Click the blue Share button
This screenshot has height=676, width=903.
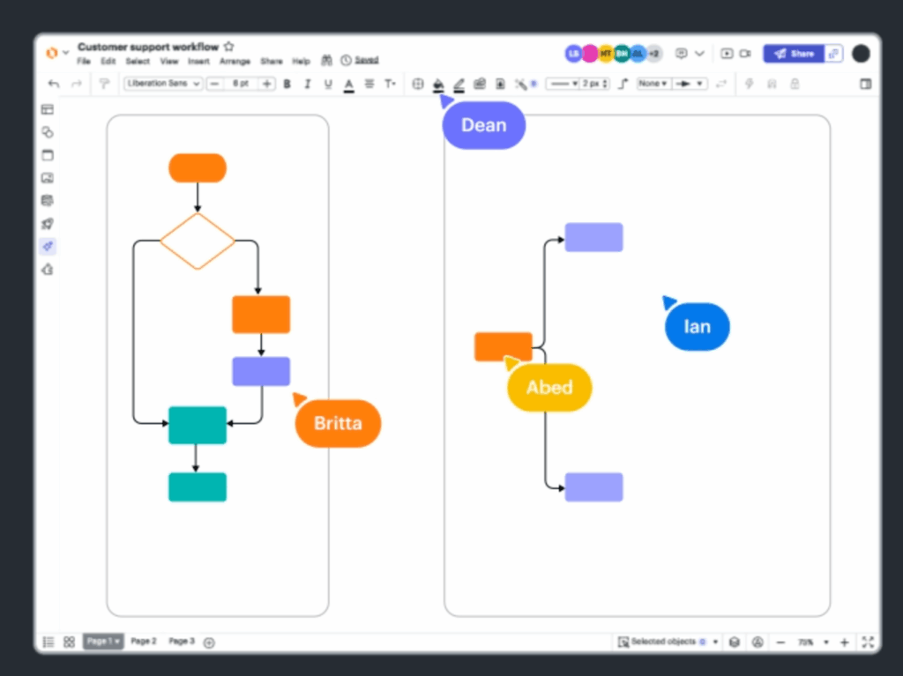[793, 54]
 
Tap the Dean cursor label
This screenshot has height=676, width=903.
[483, 125]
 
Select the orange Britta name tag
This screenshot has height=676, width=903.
[338, 423]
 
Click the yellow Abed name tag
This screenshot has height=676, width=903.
[549, 387]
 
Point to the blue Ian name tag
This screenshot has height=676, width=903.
[697, 326]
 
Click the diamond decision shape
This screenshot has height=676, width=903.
[198, 241]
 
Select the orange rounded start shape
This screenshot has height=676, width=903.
[198, 167]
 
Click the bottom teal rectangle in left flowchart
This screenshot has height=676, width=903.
[198, 487]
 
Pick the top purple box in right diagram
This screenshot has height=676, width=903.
[593, 237]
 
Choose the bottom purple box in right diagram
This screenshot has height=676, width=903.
[593, 487]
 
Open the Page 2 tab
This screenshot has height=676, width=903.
[144, 642]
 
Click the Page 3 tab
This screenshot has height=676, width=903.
[182, 642]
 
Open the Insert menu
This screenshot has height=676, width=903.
[198, 62]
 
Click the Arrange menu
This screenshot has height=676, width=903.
[235, 62]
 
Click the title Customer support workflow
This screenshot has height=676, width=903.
[148, 47]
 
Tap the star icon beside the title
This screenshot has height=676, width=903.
[229, 47]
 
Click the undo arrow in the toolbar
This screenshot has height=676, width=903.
[54, 84]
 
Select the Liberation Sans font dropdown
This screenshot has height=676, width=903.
[164, 84]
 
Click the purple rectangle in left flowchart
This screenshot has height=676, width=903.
[261, 371]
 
